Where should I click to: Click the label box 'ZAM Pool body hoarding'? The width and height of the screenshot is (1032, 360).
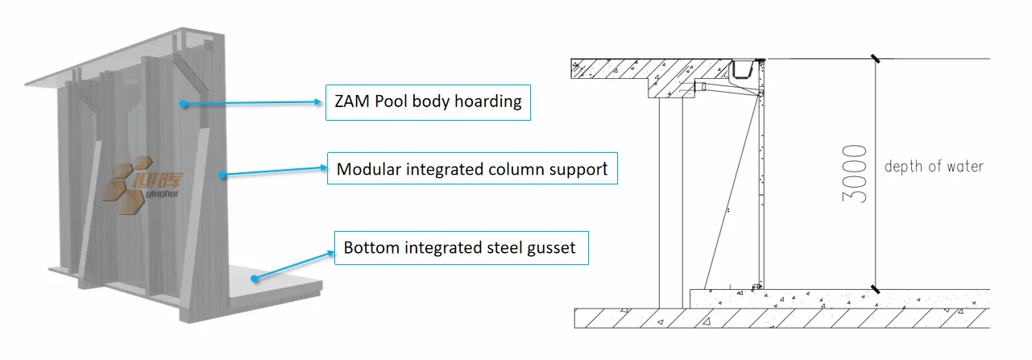[x=428, y=102]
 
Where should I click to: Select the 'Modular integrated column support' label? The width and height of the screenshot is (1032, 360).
[x=472, y=170]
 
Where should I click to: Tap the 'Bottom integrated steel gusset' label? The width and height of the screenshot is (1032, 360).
[x=460, y=247]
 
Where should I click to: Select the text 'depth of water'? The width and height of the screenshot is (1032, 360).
[x=934, y=167]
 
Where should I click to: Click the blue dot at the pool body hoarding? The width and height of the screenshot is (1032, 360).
[x=184, y=104]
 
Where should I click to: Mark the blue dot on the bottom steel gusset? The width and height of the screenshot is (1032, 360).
[x=254, y=279]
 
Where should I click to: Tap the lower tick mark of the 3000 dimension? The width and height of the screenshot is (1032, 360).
[x=876, y=288]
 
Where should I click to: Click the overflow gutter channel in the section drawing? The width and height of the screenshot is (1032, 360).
[x=745, y=71]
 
